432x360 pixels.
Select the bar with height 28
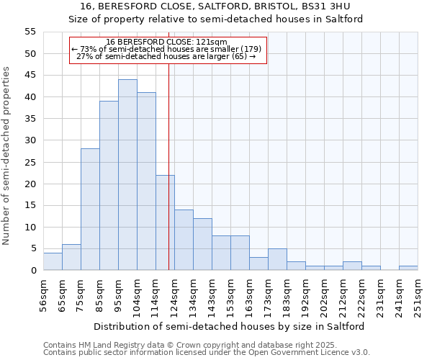pos(90,210)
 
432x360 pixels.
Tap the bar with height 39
pos(109,186)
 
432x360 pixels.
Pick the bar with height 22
pos(165,222)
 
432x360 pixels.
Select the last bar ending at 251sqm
pos(408,268)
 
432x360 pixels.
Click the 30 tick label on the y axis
pos(30,140)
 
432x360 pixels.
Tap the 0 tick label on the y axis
pos(32,271)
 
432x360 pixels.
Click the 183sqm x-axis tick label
pos(287,294)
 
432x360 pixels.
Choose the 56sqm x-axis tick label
pos(43,294)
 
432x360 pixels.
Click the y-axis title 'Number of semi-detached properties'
pos(6,156)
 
